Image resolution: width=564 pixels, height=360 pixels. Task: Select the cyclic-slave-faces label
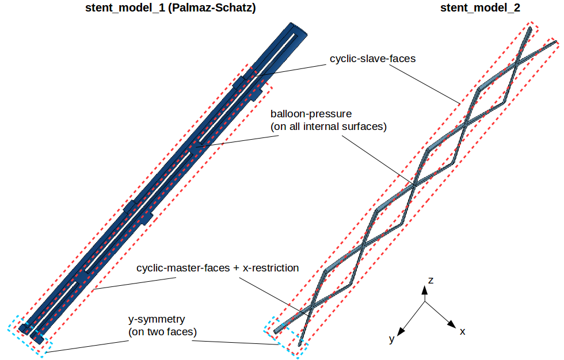click(372, 59)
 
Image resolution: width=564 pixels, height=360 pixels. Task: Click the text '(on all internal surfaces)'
click(328, 127)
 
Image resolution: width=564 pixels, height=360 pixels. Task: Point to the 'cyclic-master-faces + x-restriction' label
click(218, 269)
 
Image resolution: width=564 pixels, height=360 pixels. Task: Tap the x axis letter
click(462, 332)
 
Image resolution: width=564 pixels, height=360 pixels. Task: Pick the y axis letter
click(391, 339)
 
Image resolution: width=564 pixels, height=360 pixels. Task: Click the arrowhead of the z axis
click(425, 290)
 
